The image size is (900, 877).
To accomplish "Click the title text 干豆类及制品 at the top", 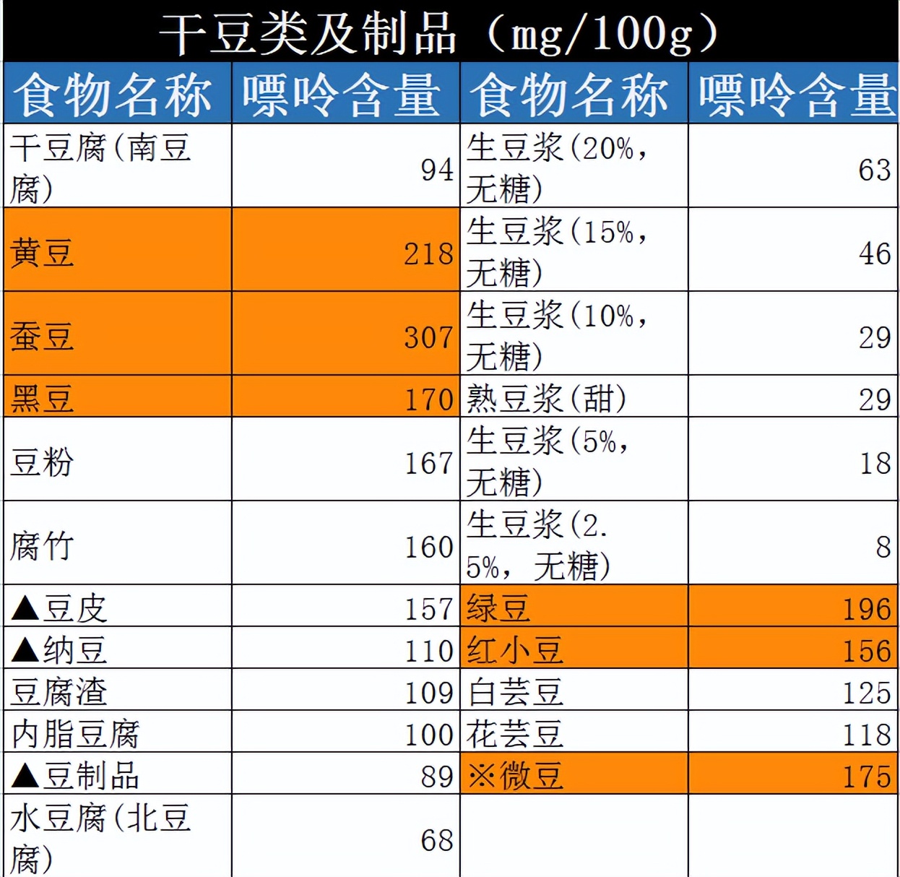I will [x=307, y=33].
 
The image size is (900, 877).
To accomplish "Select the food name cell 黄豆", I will [x=42, y=254].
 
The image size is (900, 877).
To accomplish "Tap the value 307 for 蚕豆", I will [x=428, y=337].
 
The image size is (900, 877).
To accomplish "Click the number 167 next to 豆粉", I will [x=428, y=463].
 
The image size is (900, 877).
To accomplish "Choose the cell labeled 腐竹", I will [x=42, y=546].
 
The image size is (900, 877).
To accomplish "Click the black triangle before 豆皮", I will [x=25, y=609].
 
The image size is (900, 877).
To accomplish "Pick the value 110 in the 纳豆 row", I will [x=428, y=651].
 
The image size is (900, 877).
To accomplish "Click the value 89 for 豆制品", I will [x=437, y=777].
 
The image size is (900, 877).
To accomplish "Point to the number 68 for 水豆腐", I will [x=437, y=840].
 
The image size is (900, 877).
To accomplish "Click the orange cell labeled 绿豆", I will [x=498, y=609].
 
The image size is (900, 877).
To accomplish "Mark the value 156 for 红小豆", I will [x=867, y=651].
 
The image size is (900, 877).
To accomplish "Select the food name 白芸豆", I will [x=515, y=692].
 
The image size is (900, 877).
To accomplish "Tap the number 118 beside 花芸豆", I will [x=867, y=735].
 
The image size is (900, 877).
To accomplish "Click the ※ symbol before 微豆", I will [x=481, y=777].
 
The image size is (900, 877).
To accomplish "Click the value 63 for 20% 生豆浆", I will [x=875, y=170].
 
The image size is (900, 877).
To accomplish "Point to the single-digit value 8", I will [x=883, y=547].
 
